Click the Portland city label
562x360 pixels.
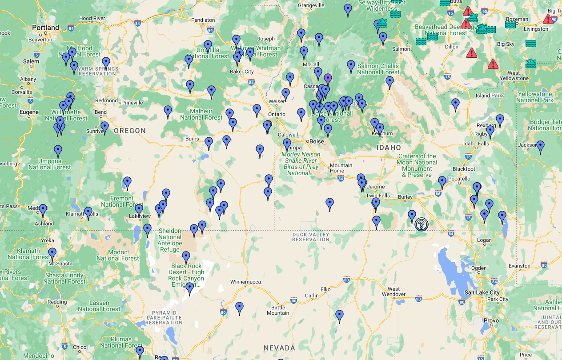click(45, 28)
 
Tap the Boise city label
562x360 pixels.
click(317, 141)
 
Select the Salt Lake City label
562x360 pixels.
click(482, 292)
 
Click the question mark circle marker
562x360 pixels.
click(421, 224)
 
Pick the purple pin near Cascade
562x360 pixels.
click(328, 79)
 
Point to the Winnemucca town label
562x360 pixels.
click(245, 282)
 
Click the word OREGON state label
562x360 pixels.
click(130, 131)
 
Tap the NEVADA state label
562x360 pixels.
click(279, 348)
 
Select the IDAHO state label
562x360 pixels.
click(389, 148)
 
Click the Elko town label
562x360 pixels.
click(325, 289)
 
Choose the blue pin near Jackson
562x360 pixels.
click(540, 146)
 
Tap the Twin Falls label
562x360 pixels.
click(377, 196)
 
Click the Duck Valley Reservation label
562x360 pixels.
click(311, 237)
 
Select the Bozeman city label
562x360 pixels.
click(517, 19)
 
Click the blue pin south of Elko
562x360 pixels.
click(339, 315)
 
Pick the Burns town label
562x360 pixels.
click(192, 139)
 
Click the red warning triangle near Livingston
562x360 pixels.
click(548, 19)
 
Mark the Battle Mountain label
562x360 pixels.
click(278, 310)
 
